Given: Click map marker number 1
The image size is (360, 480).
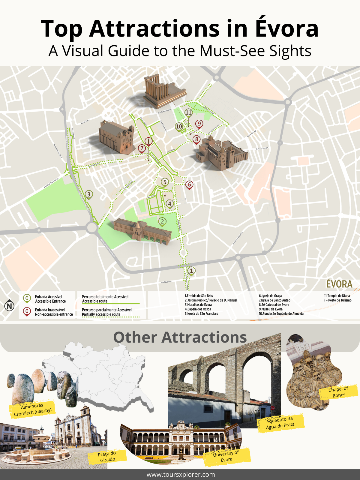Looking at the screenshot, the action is (191, 271).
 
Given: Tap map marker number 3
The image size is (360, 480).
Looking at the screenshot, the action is (89, 194).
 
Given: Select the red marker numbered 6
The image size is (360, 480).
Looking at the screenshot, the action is (189, 184).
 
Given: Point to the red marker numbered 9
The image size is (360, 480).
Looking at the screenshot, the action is (199, 124).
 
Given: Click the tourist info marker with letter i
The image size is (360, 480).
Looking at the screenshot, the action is (148, 141).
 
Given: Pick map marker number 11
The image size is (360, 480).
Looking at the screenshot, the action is (188, 113).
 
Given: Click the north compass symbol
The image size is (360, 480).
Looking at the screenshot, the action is (10, 306).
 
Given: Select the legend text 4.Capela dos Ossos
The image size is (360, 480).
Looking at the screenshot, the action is (198, 309).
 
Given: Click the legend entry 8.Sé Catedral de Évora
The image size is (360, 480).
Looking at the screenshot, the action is (274, 305).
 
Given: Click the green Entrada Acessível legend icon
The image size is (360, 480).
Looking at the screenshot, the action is (27, 298).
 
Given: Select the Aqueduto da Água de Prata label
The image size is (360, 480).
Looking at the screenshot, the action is (280, 423).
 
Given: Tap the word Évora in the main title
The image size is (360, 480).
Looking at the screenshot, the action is (287, 28).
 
